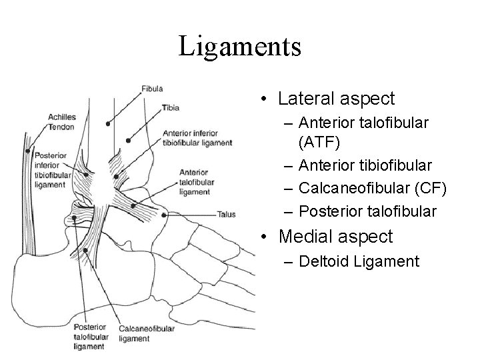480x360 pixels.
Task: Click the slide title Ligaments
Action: point(240,47)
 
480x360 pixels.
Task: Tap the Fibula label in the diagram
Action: point(152,89)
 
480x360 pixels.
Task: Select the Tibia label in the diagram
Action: point(169,107)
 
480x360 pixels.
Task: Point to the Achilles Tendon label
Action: point(61,122)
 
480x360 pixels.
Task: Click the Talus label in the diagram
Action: point(226,215)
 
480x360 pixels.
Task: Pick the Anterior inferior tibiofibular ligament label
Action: point(197,137)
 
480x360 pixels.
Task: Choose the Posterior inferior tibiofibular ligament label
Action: point(50,168)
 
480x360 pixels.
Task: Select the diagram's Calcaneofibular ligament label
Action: point(146,333)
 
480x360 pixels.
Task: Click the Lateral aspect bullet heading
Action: point(337,99)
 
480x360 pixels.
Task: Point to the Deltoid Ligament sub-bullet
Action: point(359,261)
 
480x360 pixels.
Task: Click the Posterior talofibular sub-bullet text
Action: point(368,211)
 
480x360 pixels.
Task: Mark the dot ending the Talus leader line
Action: point(165,215)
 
